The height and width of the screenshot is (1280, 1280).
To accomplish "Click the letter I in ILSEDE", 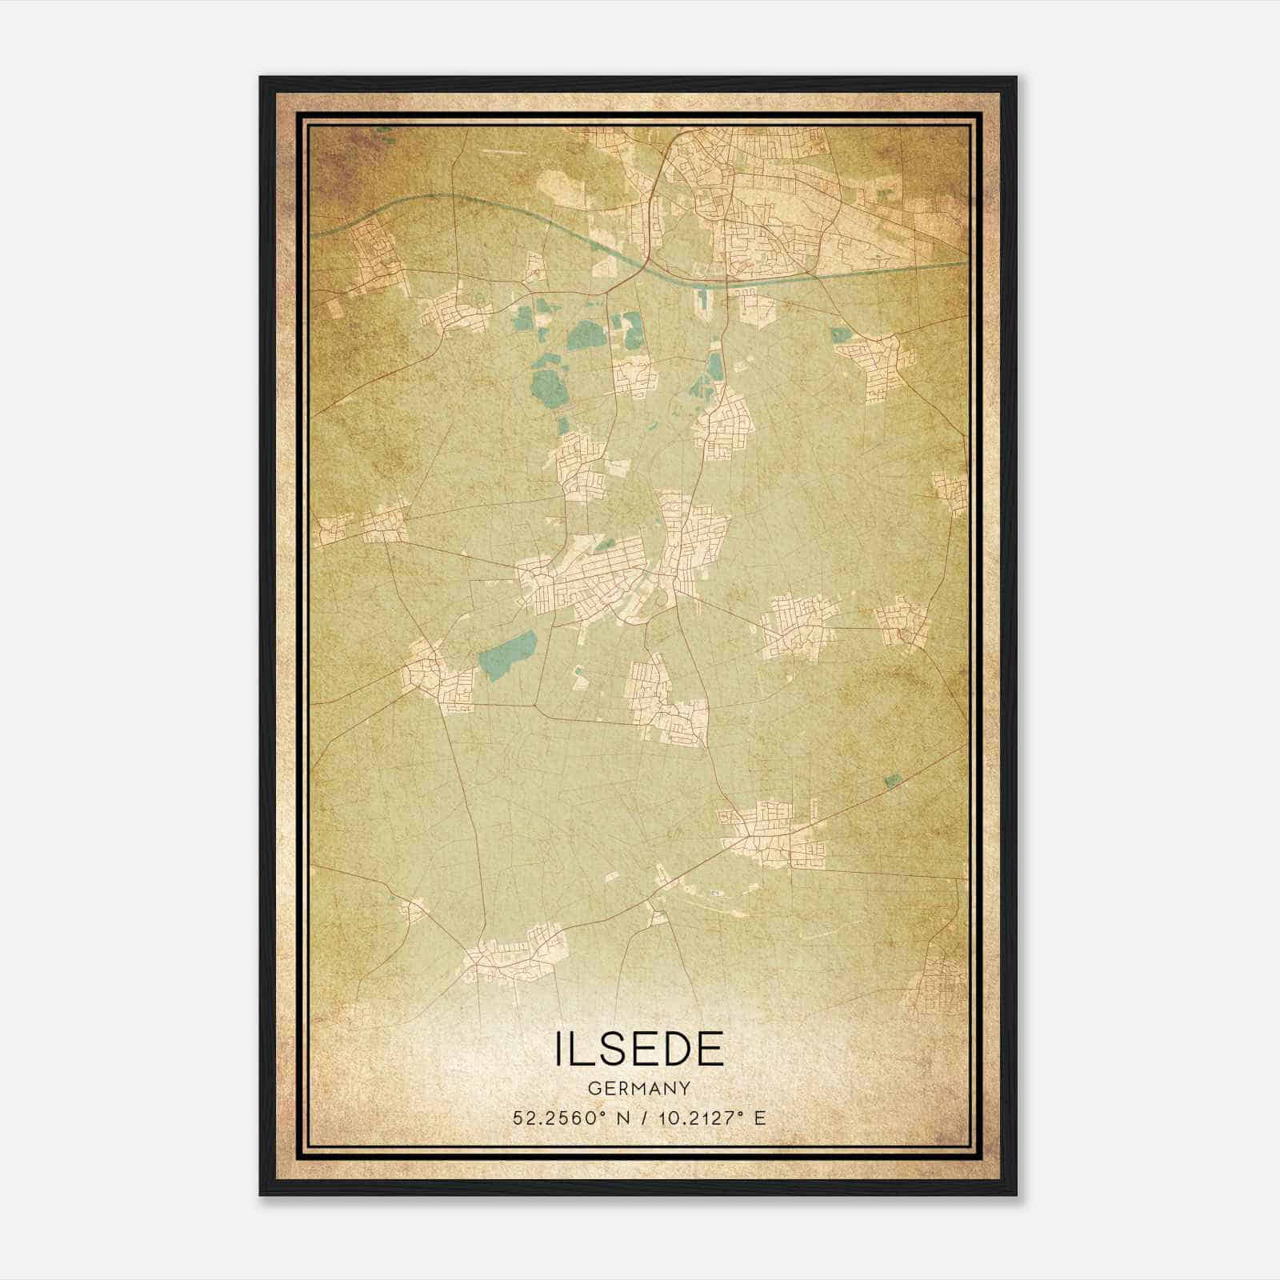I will pyautogui.click(x=558, y=1050).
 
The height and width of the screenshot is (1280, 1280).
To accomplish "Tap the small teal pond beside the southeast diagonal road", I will pyautogui.click(x=892, y=779).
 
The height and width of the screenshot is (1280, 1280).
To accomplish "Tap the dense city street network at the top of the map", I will pyautogui.click(x=744, y=200).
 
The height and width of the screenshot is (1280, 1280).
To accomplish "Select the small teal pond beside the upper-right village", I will pyautogui.click(x=841, y=334).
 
